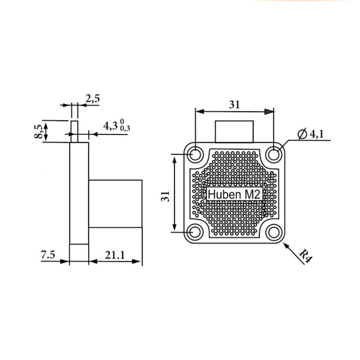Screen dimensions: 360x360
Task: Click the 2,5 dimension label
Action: (x=93, y=99)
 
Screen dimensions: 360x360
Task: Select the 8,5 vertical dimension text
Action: (x=38, y=131)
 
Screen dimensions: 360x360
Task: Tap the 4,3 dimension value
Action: (x=110, y=126)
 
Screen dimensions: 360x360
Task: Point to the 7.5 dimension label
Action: (x=48, y=255)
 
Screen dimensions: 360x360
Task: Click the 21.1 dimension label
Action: (x=115, y=255)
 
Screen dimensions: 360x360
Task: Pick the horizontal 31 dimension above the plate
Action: (x=234, y=105)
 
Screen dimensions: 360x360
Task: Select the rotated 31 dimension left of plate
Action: (x=165, y=196)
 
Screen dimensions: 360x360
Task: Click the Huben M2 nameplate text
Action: (x=234, y=194)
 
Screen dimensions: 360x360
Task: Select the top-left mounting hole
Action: (x=195, y=154)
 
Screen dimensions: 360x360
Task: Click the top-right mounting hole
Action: (x=274, y=154)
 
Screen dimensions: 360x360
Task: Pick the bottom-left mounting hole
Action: (x=195, y=232)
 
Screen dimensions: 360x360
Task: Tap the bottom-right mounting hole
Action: (x=274, y=232)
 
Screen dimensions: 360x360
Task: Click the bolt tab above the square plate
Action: (x=234, y=132)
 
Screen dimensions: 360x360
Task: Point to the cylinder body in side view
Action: (x=115, y=204)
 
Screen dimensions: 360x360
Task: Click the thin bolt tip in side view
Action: (x=74, y=132)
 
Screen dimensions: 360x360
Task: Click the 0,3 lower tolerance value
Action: (x=125, y=128)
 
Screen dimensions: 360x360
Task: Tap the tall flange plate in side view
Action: (x=79, y=193)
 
